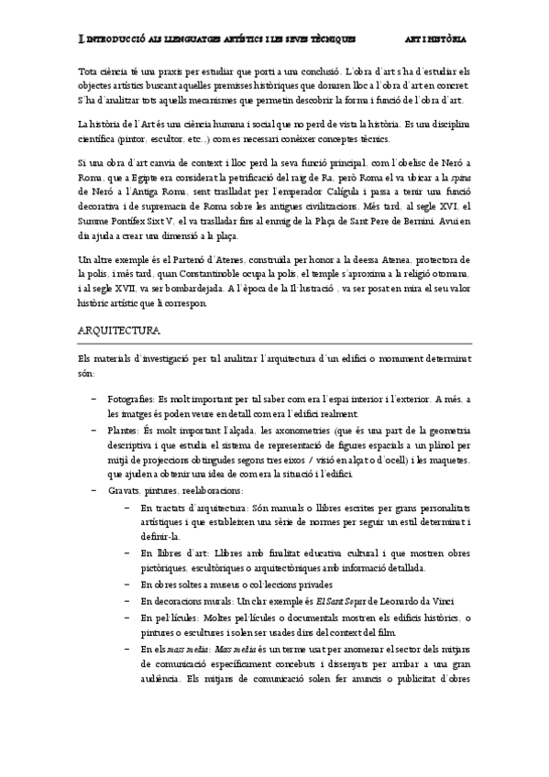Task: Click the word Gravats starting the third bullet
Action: (x=125, y=491)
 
